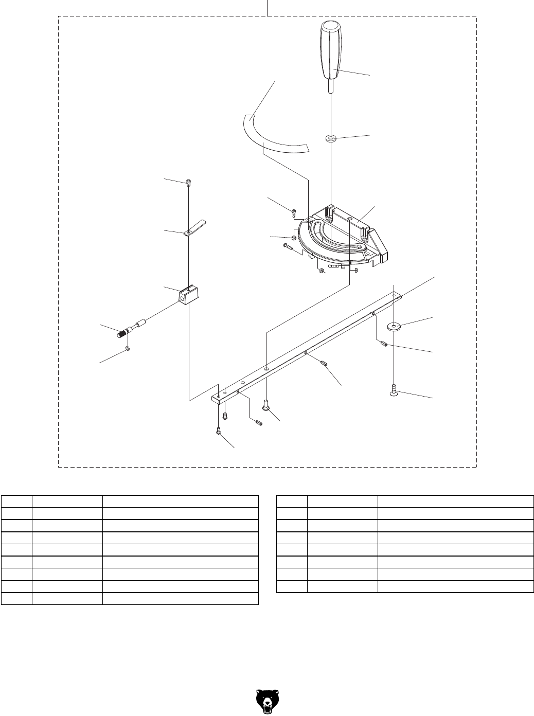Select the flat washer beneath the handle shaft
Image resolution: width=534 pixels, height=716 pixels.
click(331, 138)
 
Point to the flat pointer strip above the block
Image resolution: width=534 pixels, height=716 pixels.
click(193, 227)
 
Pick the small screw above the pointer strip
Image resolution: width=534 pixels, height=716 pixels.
click(189, 182)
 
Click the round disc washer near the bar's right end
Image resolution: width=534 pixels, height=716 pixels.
click(394, 326)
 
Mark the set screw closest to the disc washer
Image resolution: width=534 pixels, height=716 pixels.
click(383, 344)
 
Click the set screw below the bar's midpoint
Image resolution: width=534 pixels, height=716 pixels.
click(324, 364)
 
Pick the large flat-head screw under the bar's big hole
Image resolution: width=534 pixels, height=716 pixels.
click(266, 406)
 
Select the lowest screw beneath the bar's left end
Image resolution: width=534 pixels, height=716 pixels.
click(219, 431)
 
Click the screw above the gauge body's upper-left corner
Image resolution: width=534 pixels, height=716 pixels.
click(294, 211)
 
